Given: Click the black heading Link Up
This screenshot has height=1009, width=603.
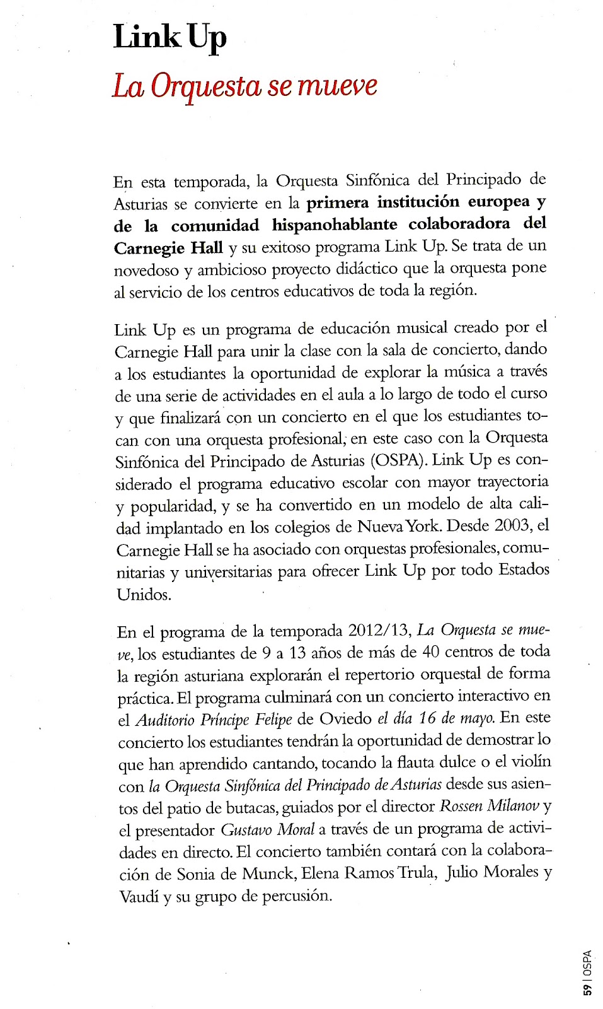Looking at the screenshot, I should pyautogui.click(x=169, y=37).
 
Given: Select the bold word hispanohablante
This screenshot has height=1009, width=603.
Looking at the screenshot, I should pyautogui.click(x=335, y=225).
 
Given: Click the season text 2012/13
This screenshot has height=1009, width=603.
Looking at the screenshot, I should pyautogui.click(x=379, y=631).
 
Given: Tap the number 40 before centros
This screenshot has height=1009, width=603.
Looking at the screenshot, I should pyautogui.click(x=430, y=652).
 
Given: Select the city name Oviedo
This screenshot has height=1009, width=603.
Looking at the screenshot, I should pyautogui.click(x=345, y=719).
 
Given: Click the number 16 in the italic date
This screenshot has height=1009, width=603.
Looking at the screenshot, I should pyautogui.click(x=427, y=718).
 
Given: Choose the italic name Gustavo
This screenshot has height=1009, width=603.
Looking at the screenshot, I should pyautogui.click(x=247, y=830).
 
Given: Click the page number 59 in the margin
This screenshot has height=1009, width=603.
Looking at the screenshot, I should pyautogui.click(x=587, y=989).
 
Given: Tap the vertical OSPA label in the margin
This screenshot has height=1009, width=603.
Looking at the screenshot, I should pyautogui.click(x=587, y=962).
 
